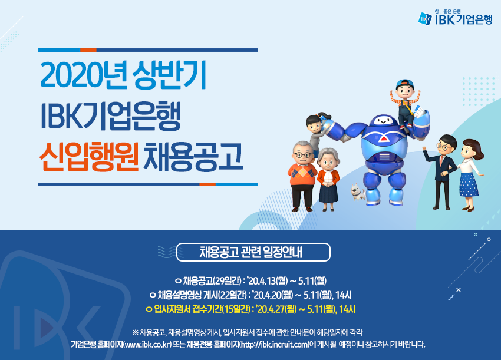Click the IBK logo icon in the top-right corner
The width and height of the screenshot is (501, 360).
point(426,18)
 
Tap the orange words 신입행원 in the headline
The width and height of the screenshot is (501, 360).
point(89,157)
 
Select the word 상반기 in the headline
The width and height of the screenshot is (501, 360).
point(169,75)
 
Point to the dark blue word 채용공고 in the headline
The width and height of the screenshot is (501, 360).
point(193,157)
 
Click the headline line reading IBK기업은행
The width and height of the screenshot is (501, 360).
point(111,116)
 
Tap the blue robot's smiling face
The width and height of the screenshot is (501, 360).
point(383,121)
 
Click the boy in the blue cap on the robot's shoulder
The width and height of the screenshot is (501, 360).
point(406,102)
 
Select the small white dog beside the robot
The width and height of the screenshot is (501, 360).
point(358,191)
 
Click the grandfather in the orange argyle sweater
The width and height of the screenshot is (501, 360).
point(302,176)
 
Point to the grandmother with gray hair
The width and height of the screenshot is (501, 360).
point(328,179)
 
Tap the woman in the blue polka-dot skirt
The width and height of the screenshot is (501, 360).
point(469,174)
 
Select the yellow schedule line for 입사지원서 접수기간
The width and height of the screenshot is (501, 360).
point(250,309)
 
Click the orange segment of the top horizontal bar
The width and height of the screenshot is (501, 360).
point(88,50)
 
